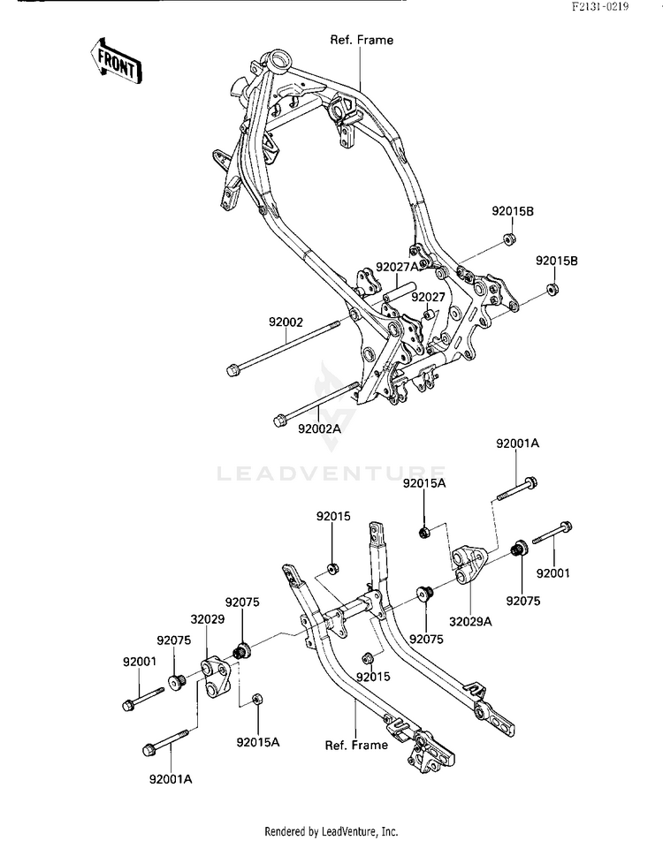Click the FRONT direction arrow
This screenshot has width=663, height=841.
pyautogui.click(x=115, y=60)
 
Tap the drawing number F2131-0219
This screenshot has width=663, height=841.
pyautogui.click(x=599, y=7)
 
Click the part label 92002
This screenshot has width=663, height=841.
pyautogui.click(x=286, y=322)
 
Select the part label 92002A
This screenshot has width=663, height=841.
pyautogui.click(x=320, y=428)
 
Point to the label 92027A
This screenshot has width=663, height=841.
pyautogui.click(x=397, y=267)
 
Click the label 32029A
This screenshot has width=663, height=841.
pyautogui.click(x=470, y=622)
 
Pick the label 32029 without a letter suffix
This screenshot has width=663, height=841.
pyautogui.click(x=208, y=619)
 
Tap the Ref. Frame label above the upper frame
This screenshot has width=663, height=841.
pyautogui.click(x=362, y=41)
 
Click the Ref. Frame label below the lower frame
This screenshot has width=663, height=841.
pyautogui.click(x=356, y=745)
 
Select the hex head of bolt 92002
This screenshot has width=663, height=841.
pyautogui.click(x=232, y=370)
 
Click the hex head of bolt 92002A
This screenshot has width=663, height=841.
pyautogui.click(x=279, y=421)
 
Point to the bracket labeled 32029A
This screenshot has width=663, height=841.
pyautogui.click(x=469, y=564)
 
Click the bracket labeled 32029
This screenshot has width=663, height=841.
pyautogui.click(x=216, y=677)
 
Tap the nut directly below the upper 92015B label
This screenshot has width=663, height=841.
pyautogui.click(x=508, y=238)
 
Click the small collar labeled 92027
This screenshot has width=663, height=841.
pyautogui.click(x=429, y=314)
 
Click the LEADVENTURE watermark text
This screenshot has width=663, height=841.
pyautogui.click(x=331, y=474)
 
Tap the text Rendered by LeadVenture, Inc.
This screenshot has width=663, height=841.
pyautogui.click(x=331, y=832)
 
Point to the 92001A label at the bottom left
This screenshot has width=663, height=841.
pyautogui.click(x=171, y=779)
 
